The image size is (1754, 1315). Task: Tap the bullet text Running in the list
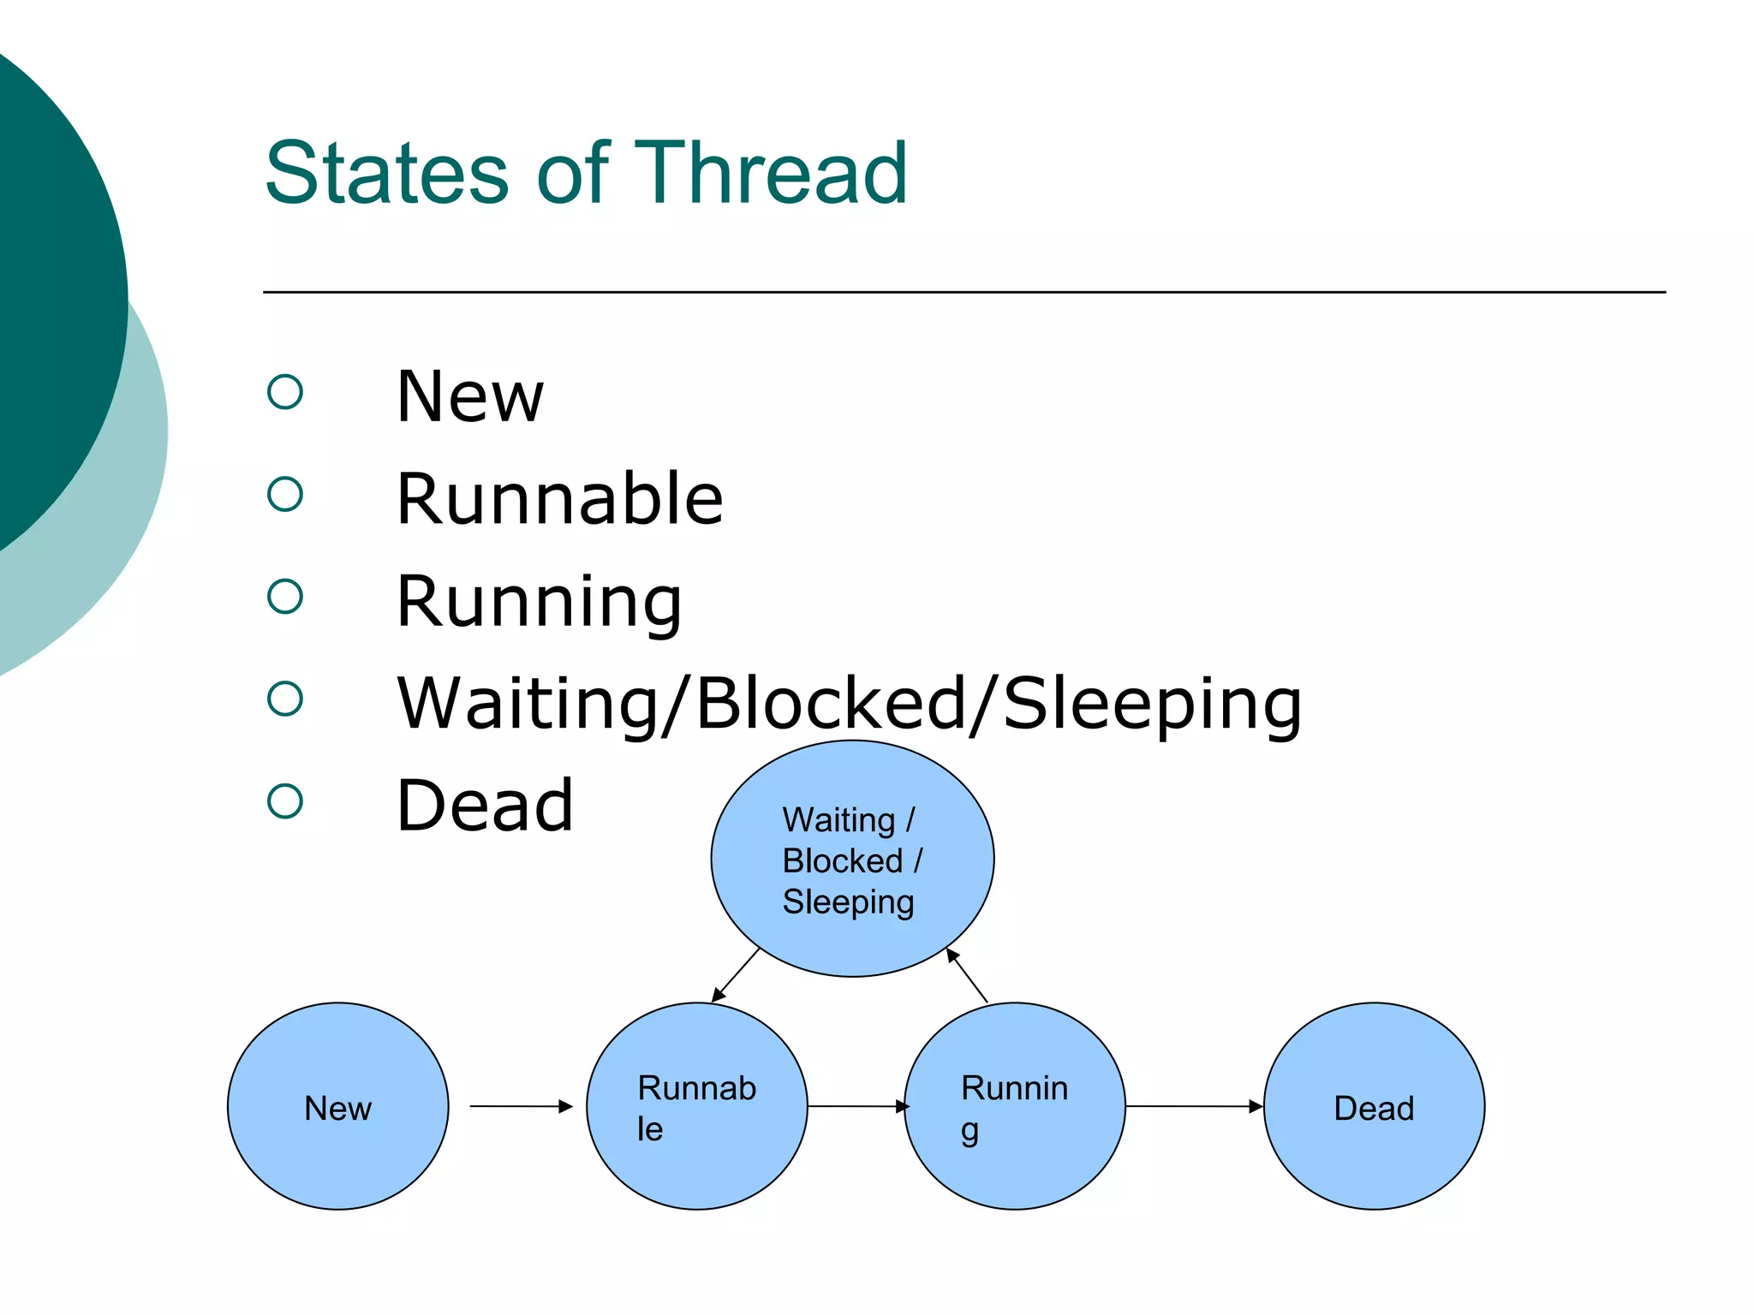(539, 601)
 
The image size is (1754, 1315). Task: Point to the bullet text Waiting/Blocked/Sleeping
(849, 704)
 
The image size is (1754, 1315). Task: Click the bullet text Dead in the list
(485, 806)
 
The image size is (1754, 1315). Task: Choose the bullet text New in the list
(469, 396)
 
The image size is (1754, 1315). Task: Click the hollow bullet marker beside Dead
(285, 801)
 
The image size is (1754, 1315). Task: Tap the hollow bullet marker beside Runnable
(285, 494)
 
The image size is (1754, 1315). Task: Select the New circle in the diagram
(337, 1106)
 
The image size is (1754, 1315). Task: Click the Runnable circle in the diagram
(696, 1106)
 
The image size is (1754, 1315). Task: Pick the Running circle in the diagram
(1015, 1106)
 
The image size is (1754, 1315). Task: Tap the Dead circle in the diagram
(1374, 1106)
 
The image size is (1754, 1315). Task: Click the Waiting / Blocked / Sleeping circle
(851, 859)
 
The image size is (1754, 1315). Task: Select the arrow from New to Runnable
(520, 1106)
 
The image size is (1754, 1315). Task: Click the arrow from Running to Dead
(1194, 1106)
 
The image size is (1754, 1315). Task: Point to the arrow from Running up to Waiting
(967, 976)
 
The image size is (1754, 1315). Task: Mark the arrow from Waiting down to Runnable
(736, 975)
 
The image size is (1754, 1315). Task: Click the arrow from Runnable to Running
(856, 1106)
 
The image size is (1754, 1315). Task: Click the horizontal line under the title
(964, 292)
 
